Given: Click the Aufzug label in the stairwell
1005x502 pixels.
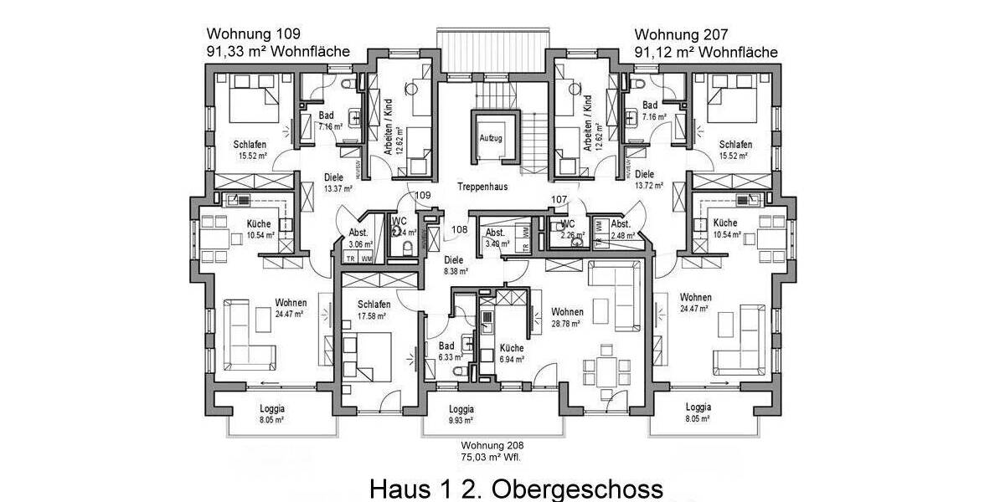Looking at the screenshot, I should (490, 138).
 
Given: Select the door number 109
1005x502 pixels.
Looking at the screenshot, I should (423, 195).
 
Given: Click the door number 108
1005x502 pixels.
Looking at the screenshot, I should (459, 228).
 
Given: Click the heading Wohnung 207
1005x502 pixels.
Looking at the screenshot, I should (681, 35).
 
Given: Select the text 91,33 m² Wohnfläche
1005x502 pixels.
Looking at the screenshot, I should (278, 52).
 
